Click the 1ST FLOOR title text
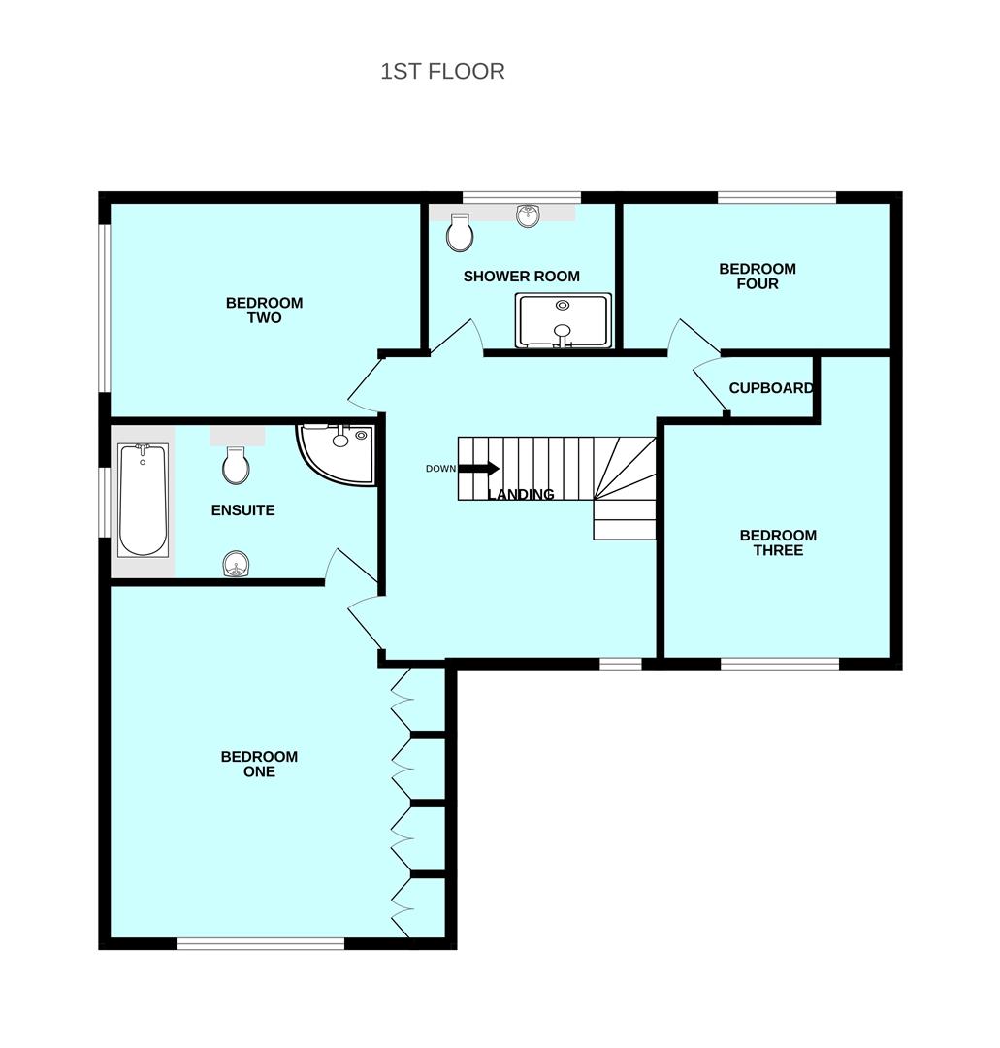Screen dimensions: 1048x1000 click(442, 72)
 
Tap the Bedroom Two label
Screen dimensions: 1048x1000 click(264, 311)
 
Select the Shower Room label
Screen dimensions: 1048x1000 click(521, 277)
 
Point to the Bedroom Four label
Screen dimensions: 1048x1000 click(757, 277)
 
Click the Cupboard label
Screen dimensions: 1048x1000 click(770, 388)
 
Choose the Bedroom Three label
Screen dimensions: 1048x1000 click(777, 543)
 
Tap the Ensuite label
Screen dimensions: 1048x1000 click(242, 510)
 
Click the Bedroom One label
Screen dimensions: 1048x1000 click(259, 765)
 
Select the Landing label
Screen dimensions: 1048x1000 click(521, 495)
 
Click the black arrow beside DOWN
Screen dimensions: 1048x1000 click(478, 469)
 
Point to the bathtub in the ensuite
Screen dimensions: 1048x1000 click(143, 500)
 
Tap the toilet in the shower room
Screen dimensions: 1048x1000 click(460, 232)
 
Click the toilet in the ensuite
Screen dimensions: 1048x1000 click(236, 466)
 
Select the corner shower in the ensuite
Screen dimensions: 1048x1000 click(337, 451)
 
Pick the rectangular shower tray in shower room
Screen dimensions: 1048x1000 click(564, 319)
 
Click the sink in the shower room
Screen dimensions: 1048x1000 click(528, 215)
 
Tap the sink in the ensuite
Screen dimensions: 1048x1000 click(236, 564)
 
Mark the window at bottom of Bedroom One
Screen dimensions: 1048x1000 click(261, 942)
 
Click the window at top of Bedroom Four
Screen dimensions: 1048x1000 click(777, 198)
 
